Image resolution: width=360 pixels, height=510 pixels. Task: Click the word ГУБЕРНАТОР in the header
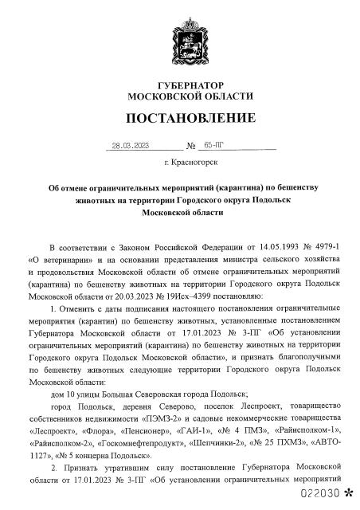[180, 84]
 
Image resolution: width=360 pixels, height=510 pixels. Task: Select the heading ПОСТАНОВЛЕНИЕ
[180, 120]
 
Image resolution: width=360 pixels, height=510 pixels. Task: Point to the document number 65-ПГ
[214, 146]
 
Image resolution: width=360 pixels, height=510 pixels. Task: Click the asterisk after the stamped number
[346, 494]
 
